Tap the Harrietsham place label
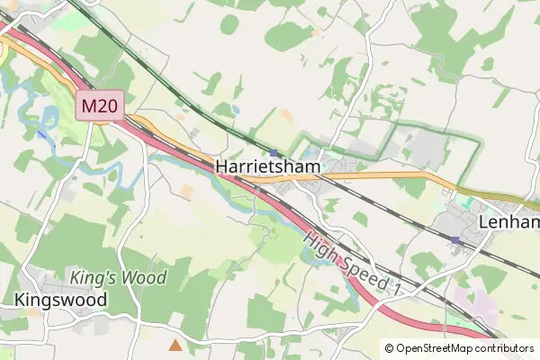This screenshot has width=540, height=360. tap(269, 167)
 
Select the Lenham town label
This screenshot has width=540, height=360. tap(509, 222)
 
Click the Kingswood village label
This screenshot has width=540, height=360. tap(60, 299)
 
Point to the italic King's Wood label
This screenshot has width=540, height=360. tap(118, 277)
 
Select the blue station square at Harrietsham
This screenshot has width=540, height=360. tap(274, 152)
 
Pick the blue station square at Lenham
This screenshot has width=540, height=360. tap(455, 240)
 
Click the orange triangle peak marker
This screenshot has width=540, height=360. tap(175, 344)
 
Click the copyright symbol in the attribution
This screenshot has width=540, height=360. tap(390, 348)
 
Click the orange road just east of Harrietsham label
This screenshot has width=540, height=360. tap(360, 175)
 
